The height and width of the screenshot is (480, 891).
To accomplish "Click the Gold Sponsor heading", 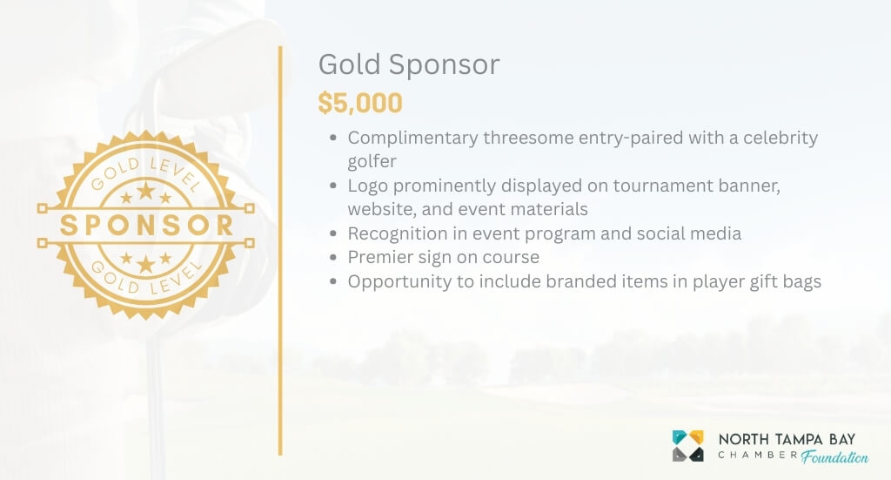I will [x=408, y=65].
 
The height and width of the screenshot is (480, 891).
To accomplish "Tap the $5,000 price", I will [x=360, y=104].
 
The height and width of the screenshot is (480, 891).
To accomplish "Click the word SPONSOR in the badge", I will [x=146, y=225].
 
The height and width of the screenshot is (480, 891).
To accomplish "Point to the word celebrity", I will [x=775, y=138].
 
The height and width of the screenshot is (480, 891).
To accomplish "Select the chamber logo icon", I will [x=688, y=445].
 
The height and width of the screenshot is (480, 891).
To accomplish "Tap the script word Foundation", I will [x=834, y=456].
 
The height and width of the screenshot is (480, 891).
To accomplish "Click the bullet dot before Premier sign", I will [x=335, y=259].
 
